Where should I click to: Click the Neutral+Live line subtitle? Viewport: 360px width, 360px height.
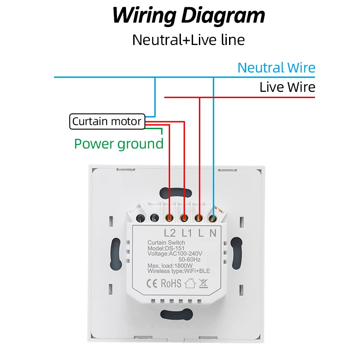tap(189, 40)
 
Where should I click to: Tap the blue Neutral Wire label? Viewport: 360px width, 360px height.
tap(276, 68)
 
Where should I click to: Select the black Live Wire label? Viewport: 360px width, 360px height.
tap(287, 87)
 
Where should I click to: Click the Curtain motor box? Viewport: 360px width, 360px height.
tap(107, 121)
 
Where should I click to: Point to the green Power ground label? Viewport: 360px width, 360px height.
tap(119, 144)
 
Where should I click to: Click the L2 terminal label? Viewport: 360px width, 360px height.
tap(170, 233)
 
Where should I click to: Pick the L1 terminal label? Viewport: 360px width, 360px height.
tap(186, 233)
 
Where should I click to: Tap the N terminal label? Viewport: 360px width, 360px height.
tap(213, 233)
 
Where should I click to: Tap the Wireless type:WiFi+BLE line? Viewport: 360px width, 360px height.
tap(179, 271)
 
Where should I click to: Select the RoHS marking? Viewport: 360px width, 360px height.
tap(171, 283)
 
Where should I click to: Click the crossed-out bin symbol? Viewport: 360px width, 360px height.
tap(203, 283)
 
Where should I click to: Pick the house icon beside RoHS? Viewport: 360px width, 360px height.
tap(190, 283)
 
